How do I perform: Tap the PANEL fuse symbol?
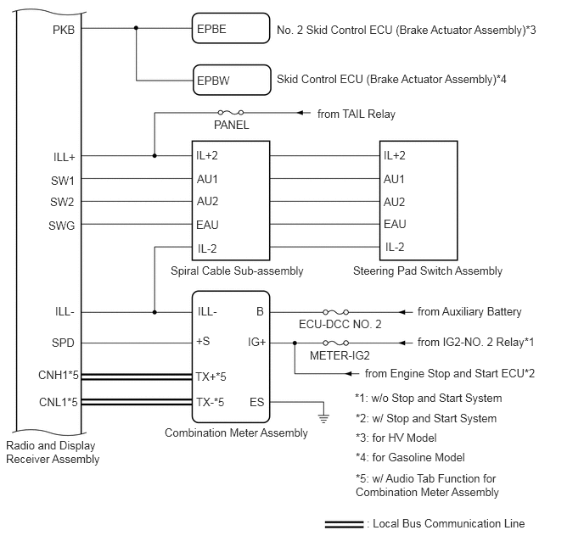231,112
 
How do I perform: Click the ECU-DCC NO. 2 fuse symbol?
336,312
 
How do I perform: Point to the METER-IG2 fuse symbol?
336,343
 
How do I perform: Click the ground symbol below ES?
323,419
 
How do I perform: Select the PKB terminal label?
64,30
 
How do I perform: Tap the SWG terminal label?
61,226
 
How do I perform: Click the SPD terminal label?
63,343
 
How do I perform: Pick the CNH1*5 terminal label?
58,375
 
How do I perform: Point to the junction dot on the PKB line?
136,28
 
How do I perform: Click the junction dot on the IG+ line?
295,343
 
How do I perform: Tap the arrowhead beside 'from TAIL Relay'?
300,112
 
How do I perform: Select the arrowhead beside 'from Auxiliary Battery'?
402,312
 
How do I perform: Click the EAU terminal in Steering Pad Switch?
395,224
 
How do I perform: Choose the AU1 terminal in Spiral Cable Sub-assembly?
207,179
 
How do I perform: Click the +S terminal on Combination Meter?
203,341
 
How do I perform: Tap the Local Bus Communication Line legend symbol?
344,524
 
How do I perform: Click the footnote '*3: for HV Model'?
396,438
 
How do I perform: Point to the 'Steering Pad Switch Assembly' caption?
428,271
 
